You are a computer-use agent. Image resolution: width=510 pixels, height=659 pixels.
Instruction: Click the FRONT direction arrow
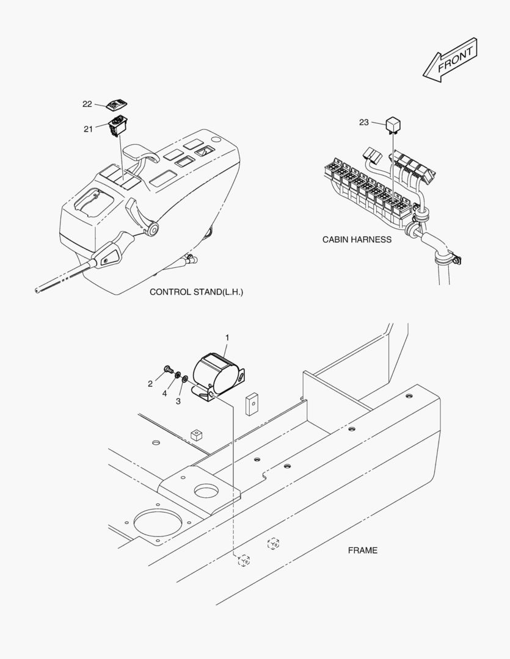[450, 60]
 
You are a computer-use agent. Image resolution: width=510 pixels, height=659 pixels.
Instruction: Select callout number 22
[87, 104]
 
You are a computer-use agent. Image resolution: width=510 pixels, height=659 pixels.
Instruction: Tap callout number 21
[87, 129]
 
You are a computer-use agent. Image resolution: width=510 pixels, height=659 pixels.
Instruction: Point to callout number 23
[364, 123]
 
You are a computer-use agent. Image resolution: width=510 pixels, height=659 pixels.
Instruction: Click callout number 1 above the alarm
[227, 337]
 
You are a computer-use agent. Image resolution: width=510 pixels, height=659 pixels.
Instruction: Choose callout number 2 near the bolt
[150, 384]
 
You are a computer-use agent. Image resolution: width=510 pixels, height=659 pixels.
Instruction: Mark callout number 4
[164, 393]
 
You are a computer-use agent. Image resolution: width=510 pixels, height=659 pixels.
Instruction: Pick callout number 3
[178, 401]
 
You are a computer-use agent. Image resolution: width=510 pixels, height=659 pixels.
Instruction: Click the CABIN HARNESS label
[357, 240]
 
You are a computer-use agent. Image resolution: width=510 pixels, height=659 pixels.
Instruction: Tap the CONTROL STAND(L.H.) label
[196, 292]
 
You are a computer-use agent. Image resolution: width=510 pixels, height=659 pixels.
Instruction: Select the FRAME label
[363, 550]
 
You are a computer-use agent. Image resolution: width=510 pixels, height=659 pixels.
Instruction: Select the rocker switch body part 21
[117, 127]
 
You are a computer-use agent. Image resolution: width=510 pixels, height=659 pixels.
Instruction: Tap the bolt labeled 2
[168, 370]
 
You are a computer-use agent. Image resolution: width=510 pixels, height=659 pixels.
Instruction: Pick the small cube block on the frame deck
[196, 435]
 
